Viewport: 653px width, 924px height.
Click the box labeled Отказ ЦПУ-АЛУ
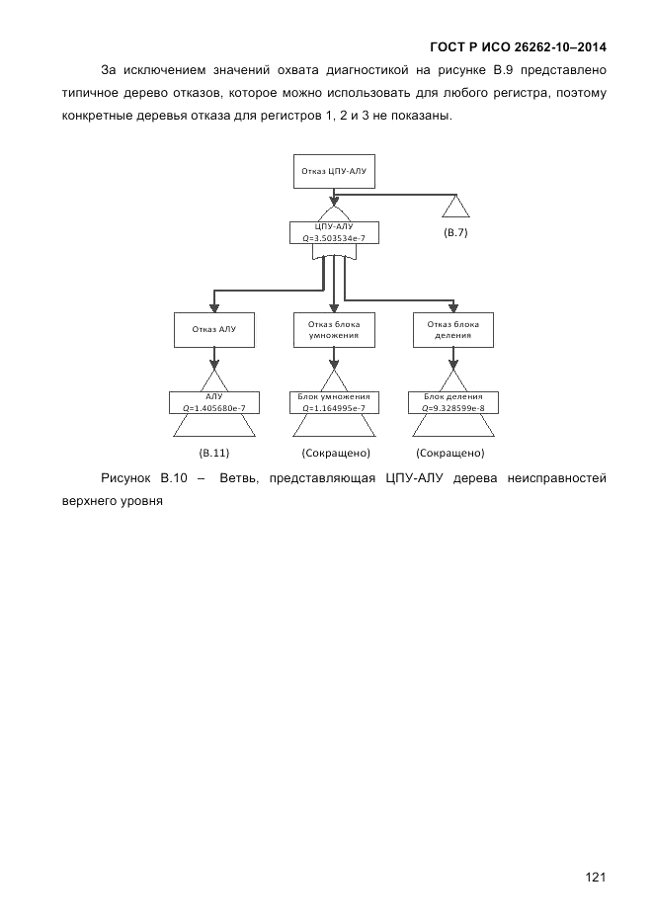coord(333,170)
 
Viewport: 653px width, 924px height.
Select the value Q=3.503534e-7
coord(333,238)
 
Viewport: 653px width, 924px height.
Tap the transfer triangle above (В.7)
coord(454,206)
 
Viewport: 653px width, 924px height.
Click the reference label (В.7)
coord(454,232)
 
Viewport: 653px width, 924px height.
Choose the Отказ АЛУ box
coord(213,329)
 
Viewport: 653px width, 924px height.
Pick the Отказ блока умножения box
coord(333,329)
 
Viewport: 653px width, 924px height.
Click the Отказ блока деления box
coord(452,329)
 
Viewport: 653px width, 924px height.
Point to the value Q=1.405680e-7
coord(213,407)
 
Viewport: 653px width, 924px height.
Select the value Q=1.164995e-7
coord(333,407)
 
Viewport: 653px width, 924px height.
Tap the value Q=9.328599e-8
coord(452,407)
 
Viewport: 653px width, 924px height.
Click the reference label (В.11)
coord(213,454)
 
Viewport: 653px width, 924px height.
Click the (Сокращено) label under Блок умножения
coord(335,454)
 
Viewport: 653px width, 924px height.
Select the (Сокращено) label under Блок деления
coord(450,454)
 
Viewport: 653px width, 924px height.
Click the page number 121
coord(595,877)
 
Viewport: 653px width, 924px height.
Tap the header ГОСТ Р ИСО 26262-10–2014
coord(519,46)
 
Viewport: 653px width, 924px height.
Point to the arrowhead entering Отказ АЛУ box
coord(213,306)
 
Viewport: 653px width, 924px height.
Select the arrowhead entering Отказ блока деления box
coord(452,306)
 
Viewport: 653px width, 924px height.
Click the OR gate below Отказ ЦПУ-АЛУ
coord(333,213)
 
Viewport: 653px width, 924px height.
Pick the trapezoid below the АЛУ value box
coord(213,425)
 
